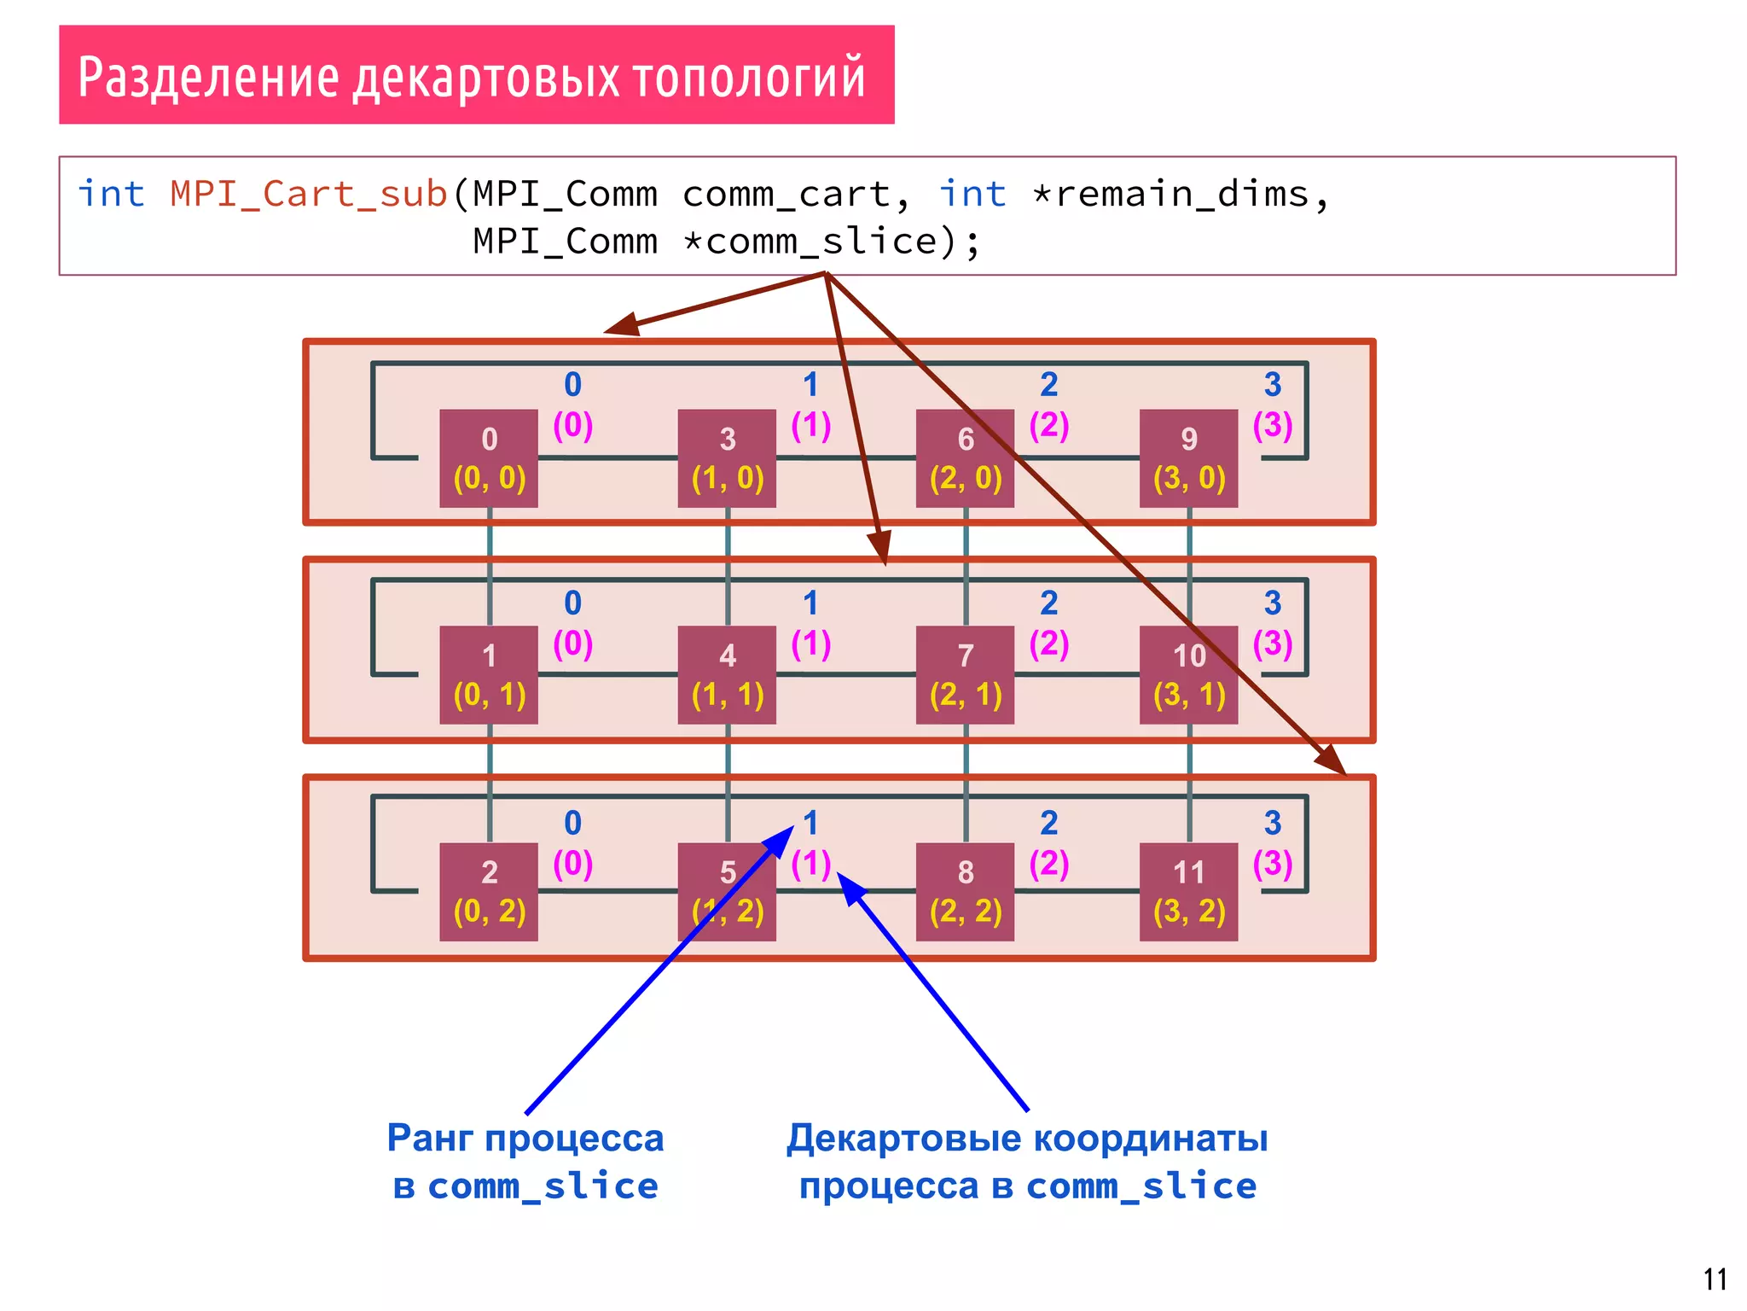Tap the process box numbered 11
click(1188, 891)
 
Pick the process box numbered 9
click(1188, 458)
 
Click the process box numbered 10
click(1188, 674)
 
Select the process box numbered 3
click(727, 458)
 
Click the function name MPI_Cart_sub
click(309, 195)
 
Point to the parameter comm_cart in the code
click(786, 195)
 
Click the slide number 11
click(1715, 1279)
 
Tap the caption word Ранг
click(430, 1138)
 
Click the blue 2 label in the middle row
click(1048, 603)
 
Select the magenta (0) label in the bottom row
click(572, 863)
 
